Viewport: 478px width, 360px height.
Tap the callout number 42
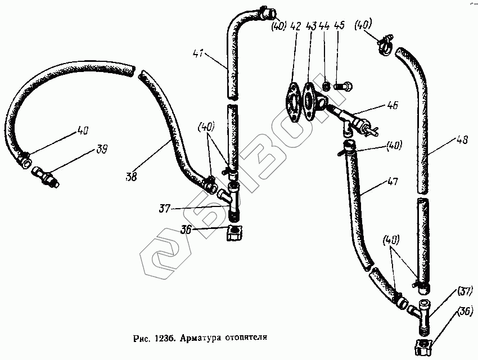[x=296, y=27]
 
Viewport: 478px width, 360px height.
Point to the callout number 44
[x=324, y=27]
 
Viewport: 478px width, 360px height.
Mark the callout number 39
[x=101, y=150]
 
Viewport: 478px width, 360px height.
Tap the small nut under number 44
[x=324, y=87]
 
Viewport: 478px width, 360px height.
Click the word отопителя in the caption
[x=245, y=340]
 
